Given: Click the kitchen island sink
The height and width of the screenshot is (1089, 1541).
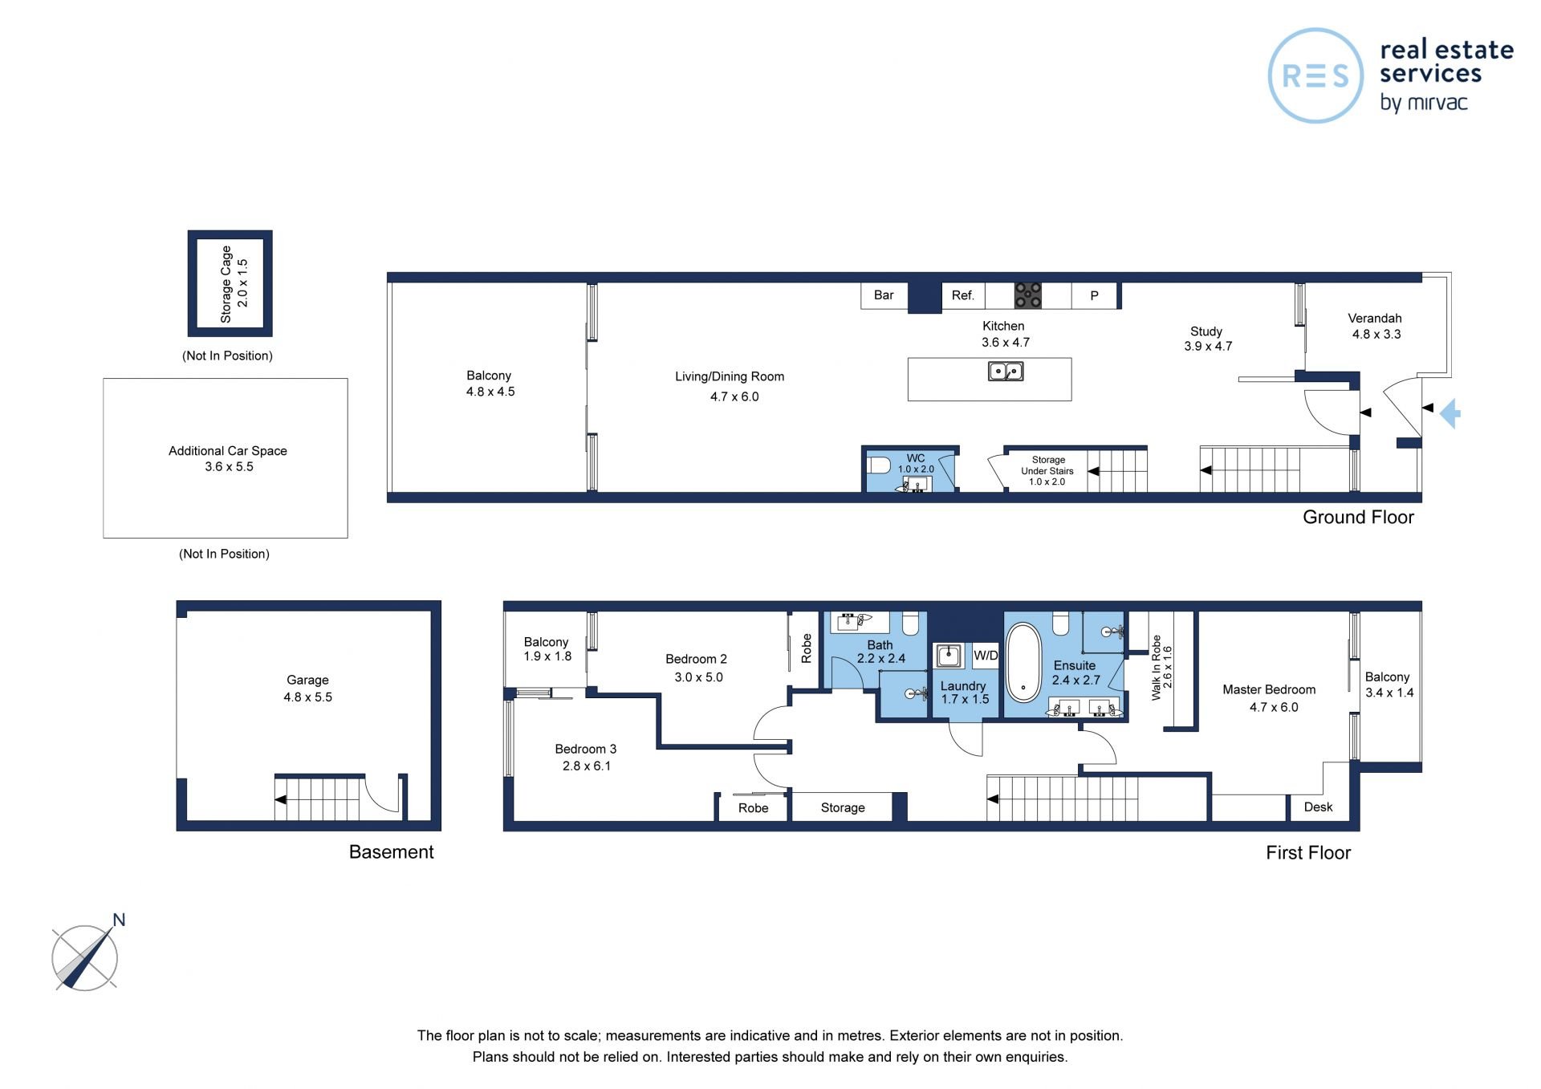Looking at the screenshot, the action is [1005, 372].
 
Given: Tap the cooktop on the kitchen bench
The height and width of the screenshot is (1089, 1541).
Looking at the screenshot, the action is [1027, 295].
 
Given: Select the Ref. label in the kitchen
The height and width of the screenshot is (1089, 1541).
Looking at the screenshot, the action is [962, 295].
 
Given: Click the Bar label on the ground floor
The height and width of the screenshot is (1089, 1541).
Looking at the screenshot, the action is [884, 295].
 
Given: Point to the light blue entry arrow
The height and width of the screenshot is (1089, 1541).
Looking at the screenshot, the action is [1450, 414].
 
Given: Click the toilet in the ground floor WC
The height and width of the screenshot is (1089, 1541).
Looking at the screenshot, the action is [879, 465].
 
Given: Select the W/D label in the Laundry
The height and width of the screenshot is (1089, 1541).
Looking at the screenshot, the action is [986, 655].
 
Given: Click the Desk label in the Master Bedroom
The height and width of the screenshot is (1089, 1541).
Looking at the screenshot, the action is [1318, 807].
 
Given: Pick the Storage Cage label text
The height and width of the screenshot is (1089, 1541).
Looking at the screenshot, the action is [226, 284].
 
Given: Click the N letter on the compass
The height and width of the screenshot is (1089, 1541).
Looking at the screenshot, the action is [119, 920].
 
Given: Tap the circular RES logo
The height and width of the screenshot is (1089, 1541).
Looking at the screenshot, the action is [1315, 75].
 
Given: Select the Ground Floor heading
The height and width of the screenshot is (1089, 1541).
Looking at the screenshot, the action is [1358, 517].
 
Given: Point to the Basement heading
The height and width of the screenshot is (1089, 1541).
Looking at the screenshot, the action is [391, 851].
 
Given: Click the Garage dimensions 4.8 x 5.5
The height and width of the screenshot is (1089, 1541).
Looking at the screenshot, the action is [307, 697].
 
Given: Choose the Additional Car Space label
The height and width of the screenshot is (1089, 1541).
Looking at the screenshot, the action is [228, 450].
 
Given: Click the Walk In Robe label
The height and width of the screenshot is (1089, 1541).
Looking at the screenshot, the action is [1157, 668].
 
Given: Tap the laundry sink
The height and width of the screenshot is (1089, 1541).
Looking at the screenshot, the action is [949, 655].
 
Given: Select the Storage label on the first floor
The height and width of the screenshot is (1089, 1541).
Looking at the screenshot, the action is [843, 807].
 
